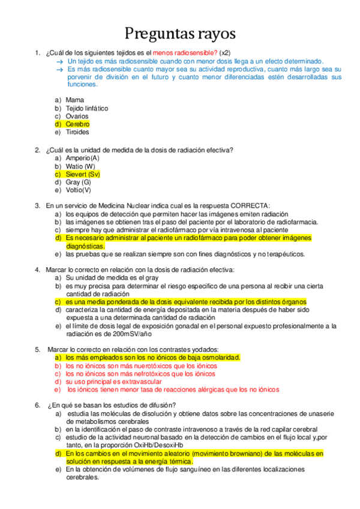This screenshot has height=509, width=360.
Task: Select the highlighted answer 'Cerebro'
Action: click(77, 124)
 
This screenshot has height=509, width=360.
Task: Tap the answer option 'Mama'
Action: click(74, 100)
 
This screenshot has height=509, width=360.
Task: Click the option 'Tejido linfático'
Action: click(87, 108)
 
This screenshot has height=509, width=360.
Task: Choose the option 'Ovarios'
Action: click(77, 116)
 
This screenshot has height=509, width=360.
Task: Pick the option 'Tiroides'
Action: click(77, 132)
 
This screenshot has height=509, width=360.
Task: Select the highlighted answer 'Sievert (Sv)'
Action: click(83, 174)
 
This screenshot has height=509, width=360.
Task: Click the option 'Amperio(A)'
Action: click(82, 158)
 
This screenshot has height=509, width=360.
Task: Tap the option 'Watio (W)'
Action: click(80, 166)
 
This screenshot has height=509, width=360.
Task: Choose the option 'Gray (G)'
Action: click(78, 182)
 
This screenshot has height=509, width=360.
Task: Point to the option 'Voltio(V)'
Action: click(79, 190)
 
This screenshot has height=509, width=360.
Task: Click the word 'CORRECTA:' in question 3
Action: click(250, 206)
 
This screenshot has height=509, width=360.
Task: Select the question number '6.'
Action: click(38, 405)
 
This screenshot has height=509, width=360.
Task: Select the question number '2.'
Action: click(38, 150)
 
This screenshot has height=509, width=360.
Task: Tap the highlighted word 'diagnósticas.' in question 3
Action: click(85, 246)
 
